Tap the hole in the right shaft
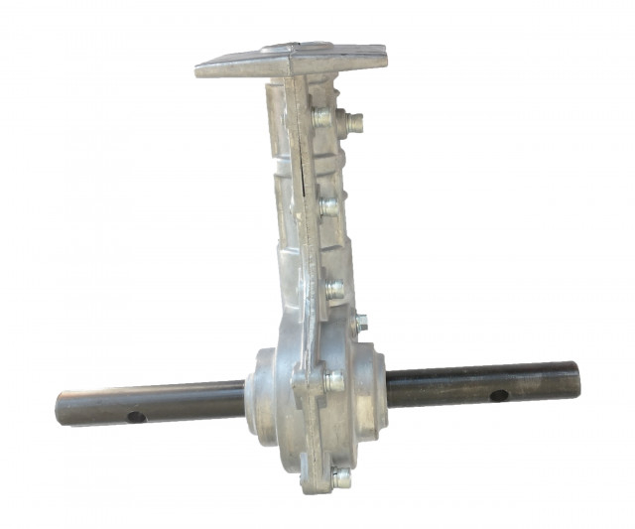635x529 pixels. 499,394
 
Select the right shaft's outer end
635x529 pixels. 573,378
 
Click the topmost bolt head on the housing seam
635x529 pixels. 322,116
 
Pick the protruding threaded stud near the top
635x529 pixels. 351,123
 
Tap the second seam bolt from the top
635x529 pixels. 328,206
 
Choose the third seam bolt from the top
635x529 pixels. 334,291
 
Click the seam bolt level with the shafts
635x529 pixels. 333,380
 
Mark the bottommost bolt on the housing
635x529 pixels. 339,477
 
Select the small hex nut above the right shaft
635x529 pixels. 360,323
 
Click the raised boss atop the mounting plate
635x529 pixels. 298,47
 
